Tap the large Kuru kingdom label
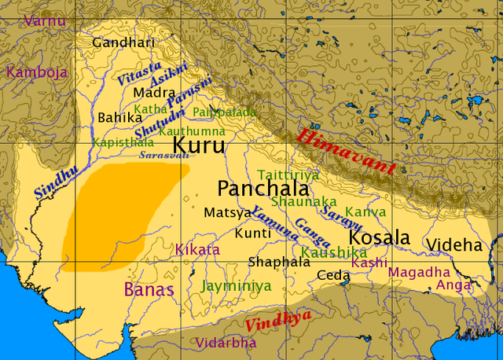point(198,145)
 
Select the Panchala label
point(251,189)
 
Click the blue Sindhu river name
point(56,179)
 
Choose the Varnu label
point(45,20)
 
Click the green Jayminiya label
point(236,285)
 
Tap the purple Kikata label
point(197,250)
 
